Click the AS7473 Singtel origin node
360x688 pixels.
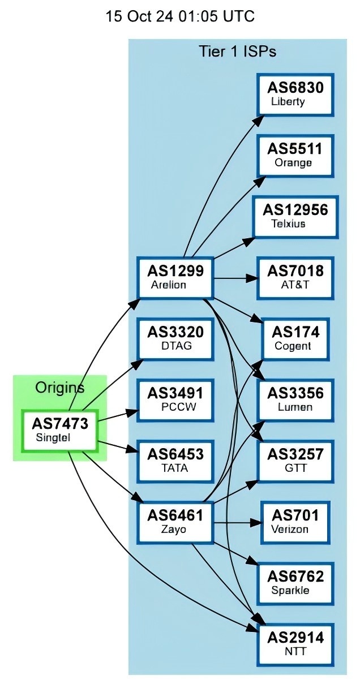[x=60, y=430]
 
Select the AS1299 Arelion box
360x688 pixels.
[x=175, y=277]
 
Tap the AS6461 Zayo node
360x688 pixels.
[x=175, y=522]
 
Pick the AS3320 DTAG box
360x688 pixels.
[x=175, y=338]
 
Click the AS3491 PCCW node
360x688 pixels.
[x=175, y=399]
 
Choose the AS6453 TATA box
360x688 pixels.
[x=175, y=461]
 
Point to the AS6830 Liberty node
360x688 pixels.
[x=295, y=94]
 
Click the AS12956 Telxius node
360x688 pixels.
[x=295, y=216]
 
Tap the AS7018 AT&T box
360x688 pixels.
[x=295, y=277]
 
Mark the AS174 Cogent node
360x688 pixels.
[x=295, y=338]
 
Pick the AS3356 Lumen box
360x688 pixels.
[x=295, y=399]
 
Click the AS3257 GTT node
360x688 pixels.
[x=295, y=461]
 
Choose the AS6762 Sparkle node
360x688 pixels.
[x=295, y=583]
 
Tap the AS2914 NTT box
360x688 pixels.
[x=295, y=644]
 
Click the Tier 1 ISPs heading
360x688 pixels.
[x=237, y=51]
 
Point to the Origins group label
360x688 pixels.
[x=59, y=388]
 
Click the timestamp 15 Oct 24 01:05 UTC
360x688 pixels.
[x=180, y=16]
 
